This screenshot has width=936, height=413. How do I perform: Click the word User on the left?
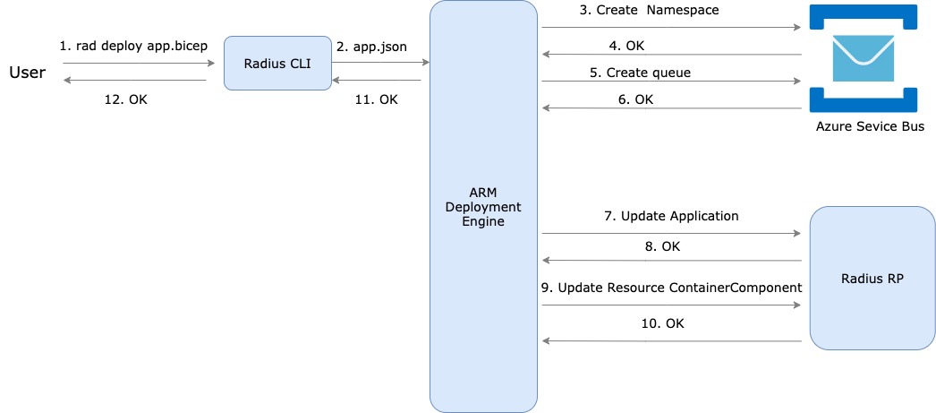click(27, 73)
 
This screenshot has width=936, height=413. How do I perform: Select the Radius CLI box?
click(277, 63)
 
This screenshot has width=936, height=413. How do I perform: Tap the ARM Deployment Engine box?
click(483, 206)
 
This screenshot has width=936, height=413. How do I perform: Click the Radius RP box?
click(872, 279)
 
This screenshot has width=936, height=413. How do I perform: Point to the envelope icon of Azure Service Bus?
click(864, 58)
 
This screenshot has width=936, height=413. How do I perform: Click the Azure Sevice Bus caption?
click(870, 126)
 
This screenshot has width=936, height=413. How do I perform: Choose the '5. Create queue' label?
click(640, 73)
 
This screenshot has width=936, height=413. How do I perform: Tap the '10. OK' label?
click(663, 323)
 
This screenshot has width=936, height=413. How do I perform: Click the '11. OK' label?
click(376, 99)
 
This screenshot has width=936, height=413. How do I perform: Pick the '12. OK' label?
click(125, 99)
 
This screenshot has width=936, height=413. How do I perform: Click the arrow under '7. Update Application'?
click(670, 234)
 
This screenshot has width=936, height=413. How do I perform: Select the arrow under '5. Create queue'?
click(670, 82)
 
